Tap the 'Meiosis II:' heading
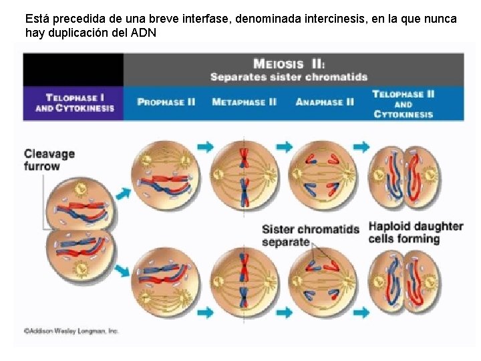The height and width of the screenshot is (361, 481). click(x=289, y=65)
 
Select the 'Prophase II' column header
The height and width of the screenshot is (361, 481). click(x=166, y=102)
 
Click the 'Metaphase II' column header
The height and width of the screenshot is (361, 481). click(x=244, y=102)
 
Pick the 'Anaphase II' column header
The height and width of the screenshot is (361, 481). click(x=325, y=102)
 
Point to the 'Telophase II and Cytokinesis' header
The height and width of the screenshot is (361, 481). click(x=403, y=104)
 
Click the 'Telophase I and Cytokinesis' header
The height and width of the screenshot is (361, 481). click(x=74, y=103)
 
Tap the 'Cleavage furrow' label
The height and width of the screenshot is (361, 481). click(x=49, y=159)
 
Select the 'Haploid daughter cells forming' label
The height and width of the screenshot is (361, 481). click(x=416, y=233)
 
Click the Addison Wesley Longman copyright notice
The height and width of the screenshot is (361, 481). click(x=71, y=330)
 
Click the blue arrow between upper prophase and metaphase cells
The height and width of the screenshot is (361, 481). click(x=205, y=146)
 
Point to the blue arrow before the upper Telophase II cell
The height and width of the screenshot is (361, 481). click(x=362, y=146)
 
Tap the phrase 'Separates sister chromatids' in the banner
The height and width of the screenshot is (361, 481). click(x=289, y=77)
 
